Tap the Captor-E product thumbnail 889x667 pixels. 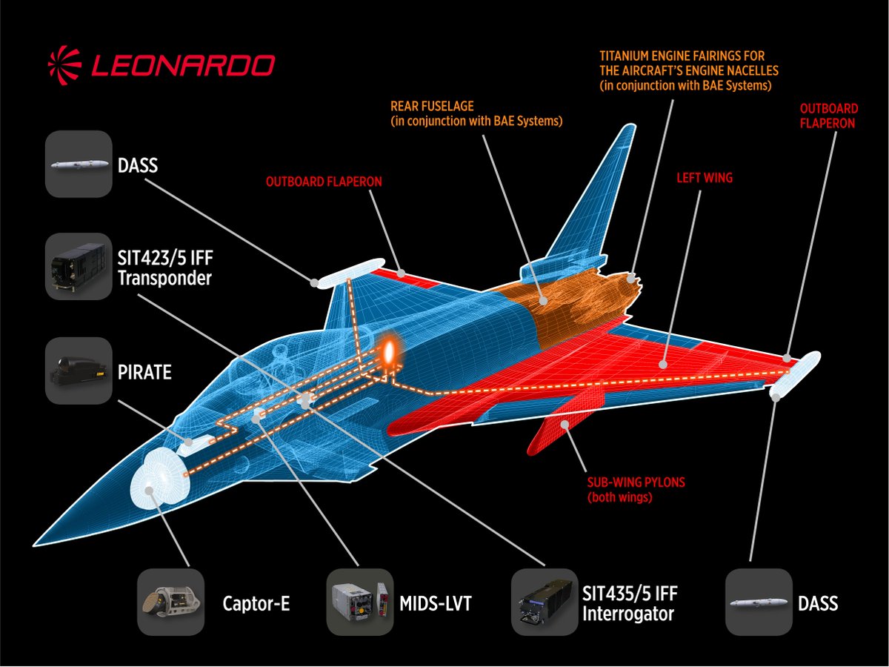coord(170,602)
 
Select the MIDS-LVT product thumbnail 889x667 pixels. coord(359,602)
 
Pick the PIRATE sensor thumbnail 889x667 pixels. coord(79,371)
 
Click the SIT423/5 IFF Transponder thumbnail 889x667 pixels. coord(79,267)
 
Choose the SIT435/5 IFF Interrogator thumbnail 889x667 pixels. coord(545,602)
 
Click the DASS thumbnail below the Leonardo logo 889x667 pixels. coord(79,164)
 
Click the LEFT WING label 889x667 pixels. coord(704,178)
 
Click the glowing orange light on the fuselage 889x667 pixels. coord(387,351)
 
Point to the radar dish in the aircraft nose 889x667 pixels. coord(157,478)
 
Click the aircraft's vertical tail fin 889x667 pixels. coord(593,200)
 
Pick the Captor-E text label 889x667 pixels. coord(256,603)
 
